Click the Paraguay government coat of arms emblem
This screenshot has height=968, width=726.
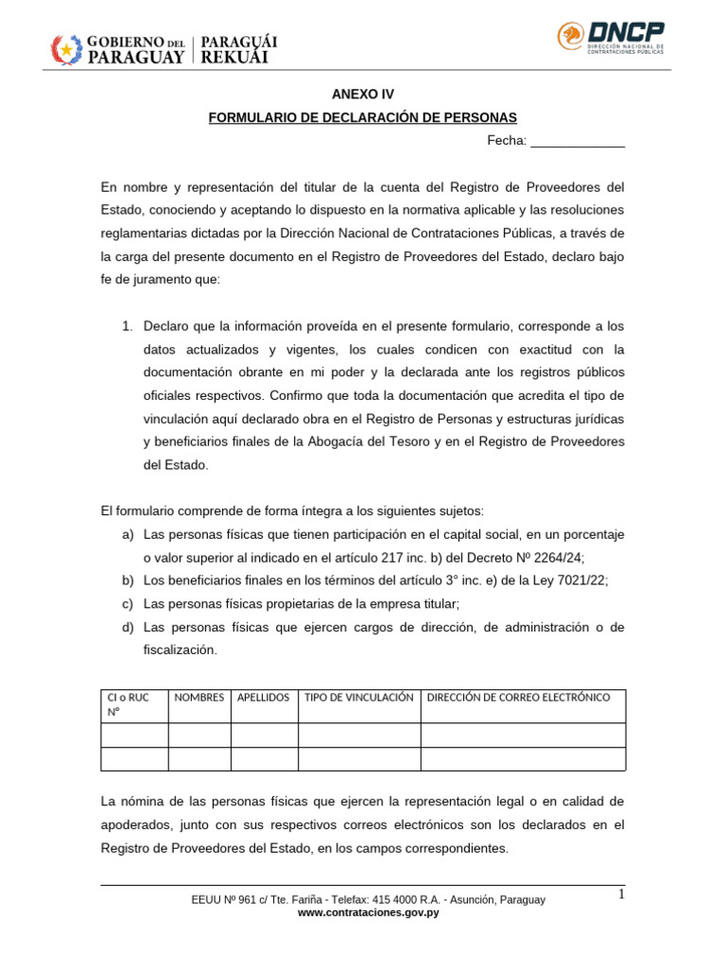point(66,49)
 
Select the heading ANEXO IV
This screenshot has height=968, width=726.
point(362,95)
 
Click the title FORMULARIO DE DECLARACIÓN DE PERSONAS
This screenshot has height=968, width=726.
point(362,118)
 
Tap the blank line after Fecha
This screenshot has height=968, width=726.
point(578,142)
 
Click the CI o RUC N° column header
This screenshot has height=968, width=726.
point(133,705)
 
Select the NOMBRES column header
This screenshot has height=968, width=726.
point(199,698)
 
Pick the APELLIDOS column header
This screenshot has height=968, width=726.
point(264,698)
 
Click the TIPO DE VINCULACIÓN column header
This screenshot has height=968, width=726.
point(359,698)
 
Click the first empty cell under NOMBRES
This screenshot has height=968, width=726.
point(199,735)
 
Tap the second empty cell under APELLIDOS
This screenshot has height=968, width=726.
point(265,759)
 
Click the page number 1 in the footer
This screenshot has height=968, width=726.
point(622,895)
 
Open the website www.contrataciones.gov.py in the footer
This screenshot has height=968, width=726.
point(368,913)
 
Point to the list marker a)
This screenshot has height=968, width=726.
point(128,535)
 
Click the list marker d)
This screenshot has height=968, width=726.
point(128,628)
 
